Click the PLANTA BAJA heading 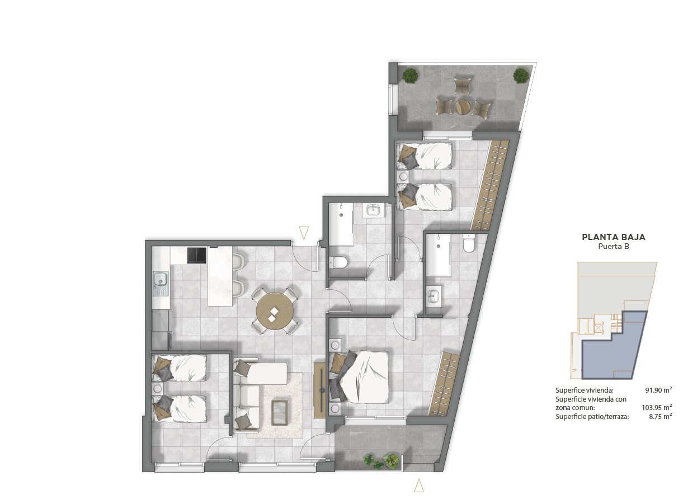pos(614,237)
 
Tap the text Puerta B pos(614,247)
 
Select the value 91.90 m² pos(658,390)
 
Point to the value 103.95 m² pos(657,407)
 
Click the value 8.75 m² pos(661,416)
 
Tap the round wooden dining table pos(275,311)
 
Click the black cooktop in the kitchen pos(197,255)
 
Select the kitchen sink pos(161,284)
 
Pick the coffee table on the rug pos(279,413)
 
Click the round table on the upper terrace pos(463,107)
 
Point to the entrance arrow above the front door pos(304,233)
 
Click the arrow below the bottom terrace pos(419,485)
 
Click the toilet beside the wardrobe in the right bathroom pos(469,243)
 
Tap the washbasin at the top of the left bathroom pos(373,210)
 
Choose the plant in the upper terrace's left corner pos(410,76)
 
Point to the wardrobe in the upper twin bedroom pos(491,185)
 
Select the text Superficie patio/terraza pos(592,417)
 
